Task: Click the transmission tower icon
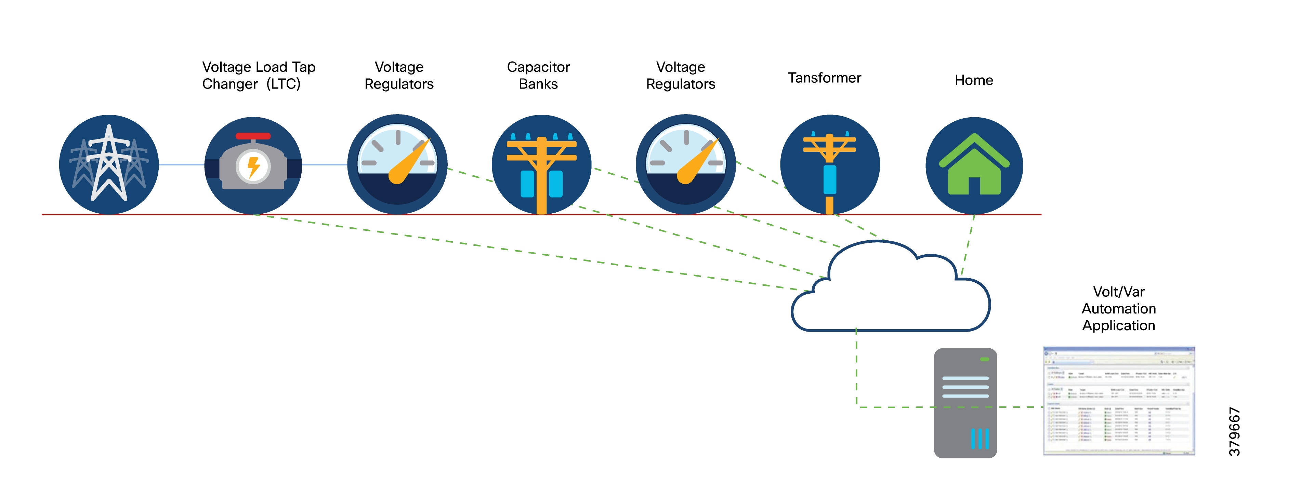click(x=109, y=164)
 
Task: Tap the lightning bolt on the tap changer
click(x=253, y=166)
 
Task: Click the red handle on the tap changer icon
click(x=253, y=136)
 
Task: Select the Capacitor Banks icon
click(x=541, y=164)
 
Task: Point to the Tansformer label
click(x=824, y=78)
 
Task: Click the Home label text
click(x=974, y=80)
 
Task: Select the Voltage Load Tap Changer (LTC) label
click(x=259, y=76)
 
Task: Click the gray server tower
click(x=965, y=403)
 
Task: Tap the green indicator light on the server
click(x=985, y=359)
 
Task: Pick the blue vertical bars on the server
click(x=980, y=438)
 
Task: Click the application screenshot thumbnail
click(x=1119, y=401)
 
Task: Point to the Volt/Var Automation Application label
click(x=1119, y=308)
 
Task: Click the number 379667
click(x=1234, y=431)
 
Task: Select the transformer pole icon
click(x=829, y=164)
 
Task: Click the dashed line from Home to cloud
click(x=968, y=245)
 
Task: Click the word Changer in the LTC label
click(x=230, y=84)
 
